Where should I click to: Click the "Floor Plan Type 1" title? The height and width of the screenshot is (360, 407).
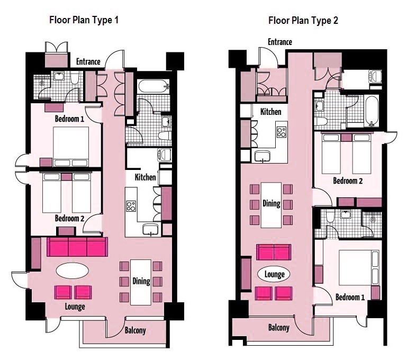point(84,20)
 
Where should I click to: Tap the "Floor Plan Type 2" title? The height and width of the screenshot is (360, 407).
point(303,21)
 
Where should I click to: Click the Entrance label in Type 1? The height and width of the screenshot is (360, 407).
point(88,61)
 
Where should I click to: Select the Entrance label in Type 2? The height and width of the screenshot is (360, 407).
point(280,42)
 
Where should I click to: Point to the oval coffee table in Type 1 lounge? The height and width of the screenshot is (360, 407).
point(73,271)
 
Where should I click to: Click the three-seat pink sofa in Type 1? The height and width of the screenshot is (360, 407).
point(77,247)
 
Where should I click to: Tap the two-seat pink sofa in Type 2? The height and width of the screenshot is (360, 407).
point(274,252)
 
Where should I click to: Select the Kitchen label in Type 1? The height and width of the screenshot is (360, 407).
point(145,177)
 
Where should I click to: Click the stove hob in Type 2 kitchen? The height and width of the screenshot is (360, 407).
point(282,132)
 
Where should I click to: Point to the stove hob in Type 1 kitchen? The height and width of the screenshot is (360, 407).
point(131,206)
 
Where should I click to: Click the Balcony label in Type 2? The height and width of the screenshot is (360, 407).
point(279,328)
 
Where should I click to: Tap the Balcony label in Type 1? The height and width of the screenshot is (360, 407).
point(135,330)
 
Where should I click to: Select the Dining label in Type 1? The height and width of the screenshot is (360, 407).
point(141,281)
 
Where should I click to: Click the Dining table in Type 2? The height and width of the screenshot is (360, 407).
point(272,205)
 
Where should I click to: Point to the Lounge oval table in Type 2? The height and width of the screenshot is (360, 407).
point(274,274)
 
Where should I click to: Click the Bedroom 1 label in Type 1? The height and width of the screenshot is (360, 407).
point(69,119)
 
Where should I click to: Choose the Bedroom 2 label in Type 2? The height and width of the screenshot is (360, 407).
point(348,181)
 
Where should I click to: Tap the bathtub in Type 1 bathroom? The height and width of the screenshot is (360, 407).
point(153,86)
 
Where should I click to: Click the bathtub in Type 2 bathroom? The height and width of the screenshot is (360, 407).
point(372,111)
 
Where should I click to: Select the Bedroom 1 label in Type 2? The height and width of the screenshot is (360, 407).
point(350,297)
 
